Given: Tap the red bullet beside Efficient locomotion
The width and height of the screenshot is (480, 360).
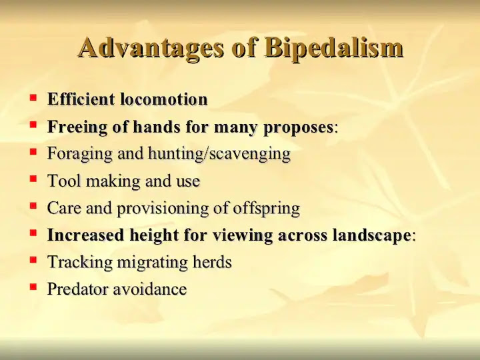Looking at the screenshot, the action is [x=33, y=98].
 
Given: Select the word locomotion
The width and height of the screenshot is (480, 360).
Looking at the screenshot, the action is [x=164, y=99].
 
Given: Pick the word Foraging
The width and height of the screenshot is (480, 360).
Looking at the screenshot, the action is [x=79, y=154].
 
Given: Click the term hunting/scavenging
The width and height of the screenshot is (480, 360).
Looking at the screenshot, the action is [x=219, y=154].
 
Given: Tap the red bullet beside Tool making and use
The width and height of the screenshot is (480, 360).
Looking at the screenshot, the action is [x=33, y=178].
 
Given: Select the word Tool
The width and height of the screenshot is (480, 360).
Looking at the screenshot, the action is [x=64, y=181].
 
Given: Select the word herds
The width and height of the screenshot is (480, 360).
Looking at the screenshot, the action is [x=212, y=262].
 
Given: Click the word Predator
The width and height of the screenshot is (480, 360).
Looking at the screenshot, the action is [x=78, y=289].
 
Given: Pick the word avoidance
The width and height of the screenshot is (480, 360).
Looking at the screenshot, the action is [x=150, y=289].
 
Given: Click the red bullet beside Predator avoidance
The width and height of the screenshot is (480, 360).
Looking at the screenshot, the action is [x=33, y=287].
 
